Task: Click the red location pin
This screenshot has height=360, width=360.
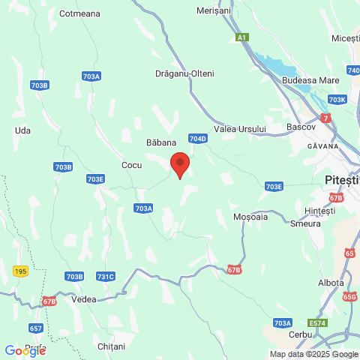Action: [x=179, y=163]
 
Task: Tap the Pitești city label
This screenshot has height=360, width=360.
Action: [x=343, y=181]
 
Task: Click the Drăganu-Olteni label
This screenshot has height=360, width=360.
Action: [x=184, y=73]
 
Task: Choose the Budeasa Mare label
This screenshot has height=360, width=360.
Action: [x=309, y=79]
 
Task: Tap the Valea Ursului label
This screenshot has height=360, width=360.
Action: [x=240, y=129]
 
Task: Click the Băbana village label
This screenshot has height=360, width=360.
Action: [x=160, y=142]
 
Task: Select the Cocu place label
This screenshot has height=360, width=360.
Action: [x=131, y=164]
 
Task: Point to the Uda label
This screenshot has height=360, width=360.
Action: [x=22, y=130]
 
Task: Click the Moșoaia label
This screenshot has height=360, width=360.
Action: [x=250, y=216]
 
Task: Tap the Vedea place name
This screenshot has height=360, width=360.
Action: [x=83, y=298]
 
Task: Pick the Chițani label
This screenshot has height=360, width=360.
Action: [x=112, y=346]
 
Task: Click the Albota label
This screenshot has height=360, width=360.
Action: [x=331, y=283]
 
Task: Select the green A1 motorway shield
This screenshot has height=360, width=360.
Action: [x=241, y=37]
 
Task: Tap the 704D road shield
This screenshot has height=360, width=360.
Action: [x=197, y=139]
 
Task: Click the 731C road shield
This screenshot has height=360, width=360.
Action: [x=106, y=277]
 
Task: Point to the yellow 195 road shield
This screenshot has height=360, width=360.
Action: [x=20, y=269]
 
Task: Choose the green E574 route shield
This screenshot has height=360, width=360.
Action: [x=319, y=322]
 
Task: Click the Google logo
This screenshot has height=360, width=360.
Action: [x=25, y=350]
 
